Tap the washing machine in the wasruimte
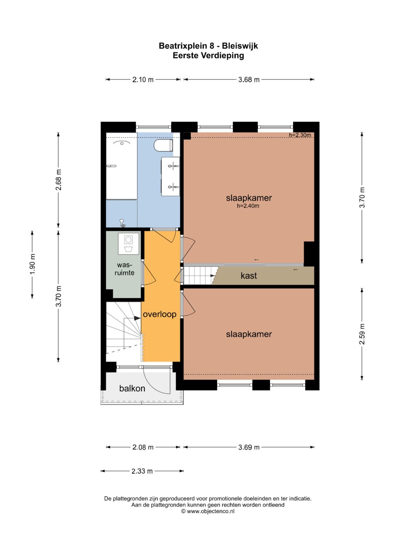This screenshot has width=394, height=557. tap(128, 244)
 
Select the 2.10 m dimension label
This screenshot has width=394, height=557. tap(143, 80)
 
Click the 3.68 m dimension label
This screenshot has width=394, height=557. tap(249, 80)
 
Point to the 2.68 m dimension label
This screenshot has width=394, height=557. tap(58, 180)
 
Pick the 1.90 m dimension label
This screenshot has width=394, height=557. tap(32, 264)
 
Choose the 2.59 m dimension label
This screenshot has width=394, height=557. tap(362, 334)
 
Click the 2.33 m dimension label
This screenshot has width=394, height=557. tap(142, 471)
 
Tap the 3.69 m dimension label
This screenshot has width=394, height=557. tap(249, 447)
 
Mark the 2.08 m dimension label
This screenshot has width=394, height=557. tap(143, 447)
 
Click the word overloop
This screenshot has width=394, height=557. tap(159, 314)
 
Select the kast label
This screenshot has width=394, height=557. tap(249, 275)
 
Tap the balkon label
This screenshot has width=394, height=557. tap(132, 388)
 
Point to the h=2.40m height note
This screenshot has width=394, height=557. tap(248, 206)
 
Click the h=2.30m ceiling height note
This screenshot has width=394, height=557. tap(300, 135)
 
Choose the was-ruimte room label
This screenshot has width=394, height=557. tap(124, 269)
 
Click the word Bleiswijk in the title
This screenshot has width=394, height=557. tap(240, 46)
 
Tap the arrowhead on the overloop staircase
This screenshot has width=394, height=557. tap(137, 318)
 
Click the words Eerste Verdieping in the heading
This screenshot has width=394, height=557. tap(208, 55)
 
